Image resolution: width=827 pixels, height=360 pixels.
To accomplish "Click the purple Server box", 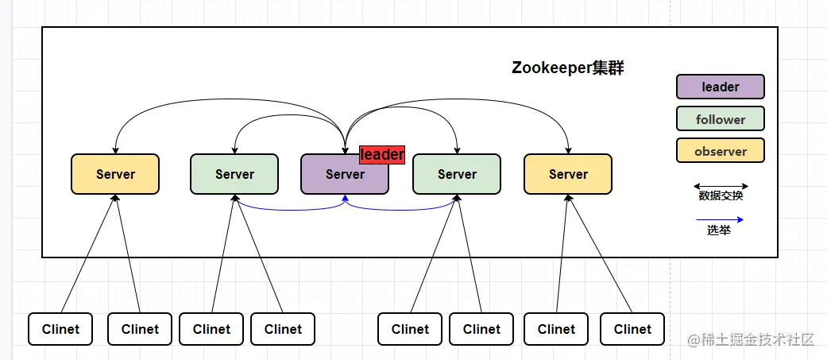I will click(344, 174).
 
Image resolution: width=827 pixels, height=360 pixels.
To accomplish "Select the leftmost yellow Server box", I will click(115, 174).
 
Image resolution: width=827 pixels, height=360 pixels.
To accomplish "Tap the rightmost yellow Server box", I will click(568, 174).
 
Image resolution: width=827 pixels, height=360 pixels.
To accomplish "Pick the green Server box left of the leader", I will click(234, 174).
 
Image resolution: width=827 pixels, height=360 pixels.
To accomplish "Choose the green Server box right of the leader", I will click(457, 174).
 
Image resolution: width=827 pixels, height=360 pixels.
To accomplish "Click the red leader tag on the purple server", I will click(382, 155).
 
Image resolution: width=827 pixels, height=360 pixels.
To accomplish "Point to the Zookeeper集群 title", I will click(567, 68).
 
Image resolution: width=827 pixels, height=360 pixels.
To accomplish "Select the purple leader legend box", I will click(720, 87).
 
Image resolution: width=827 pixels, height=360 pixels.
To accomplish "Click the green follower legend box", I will click(720, 119).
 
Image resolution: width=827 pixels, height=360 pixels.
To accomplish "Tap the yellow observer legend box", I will click(720, 151).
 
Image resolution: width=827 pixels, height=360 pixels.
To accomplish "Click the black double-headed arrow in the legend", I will click(721, 187).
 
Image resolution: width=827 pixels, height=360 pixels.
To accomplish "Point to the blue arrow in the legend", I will click(721, 219).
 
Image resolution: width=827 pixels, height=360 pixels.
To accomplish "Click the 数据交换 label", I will click(721, 196).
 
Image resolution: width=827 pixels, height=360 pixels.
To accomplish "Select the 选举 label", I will click(719, 230).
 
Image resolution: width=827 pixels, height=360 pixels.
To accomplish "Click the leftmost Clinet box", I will click(60, 329).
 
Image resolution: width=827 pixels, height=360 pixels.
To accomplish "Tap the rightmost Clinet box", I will click(632, 329).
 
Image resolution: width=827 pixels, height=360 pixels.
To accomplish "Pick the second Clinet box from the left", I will click(140, 329).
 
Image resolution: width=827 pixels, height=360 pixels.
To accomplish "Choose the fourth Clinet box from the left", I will click(283, 329).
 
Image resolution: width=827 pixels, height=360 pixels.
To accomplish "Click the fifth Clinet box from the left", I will click(410, 329).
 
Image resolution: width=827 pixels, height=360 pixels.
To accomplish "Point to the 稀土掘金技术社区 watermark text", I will click(751, 340).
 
